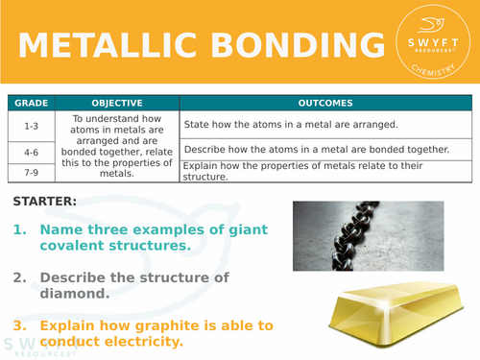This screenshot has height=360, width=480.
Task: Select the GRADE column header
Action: pos(29,103)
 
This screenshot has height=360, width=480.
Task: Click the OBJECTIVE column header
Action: pos(116,103)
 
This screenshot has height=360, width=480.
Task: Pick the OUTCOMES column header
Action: pos(324,103)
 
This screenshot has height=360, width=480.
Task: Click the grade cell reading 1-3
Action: pos(29,125)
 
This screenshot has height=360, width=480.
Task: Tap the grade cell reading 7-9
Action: pos(29,170)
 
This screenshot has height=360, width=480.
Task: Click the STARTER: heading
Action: pos(46,202)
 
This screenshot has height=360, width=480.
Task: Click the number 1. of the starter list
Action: pos(20,230)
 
